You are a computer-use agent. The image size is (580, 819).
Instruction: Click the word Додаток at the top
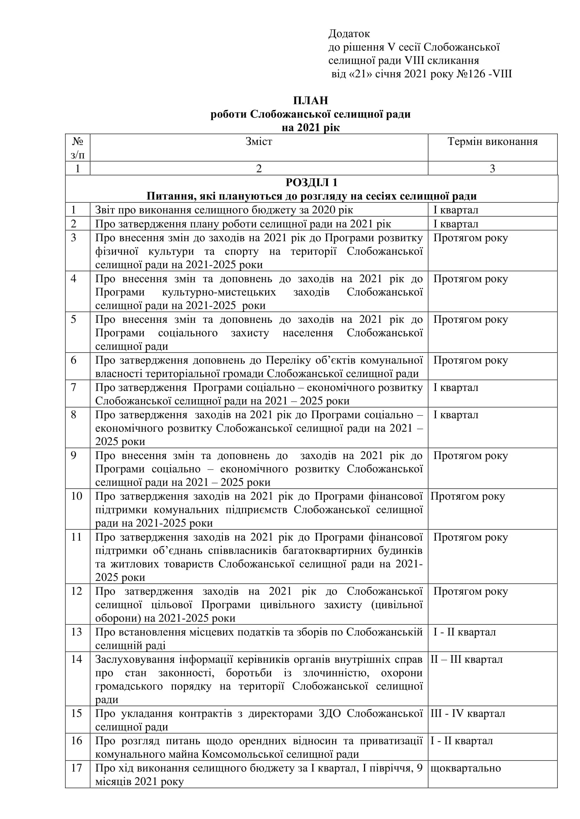point(349,34)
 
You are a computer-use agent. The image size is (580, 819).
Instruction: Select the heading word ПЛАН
point(310,100)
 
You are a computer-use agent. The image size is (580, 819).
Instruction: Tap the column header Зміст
point(259,141)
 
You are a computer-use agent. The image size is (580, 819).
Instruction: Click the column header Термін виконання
point(492,141)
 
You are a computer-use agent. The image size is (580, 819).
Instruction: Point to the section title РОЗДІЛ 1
point(311,182)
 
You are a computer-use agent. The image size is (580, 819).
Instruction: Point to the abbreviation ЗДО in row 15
point(330,713)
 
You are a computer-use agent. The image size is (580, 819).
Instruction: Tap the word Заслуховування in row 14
point(135,659)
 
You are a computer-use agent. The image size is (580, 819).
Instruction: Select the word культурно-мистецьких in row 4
point(219,292)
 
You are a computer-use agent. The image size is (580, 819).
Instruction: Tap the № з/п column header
point(77,148)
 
